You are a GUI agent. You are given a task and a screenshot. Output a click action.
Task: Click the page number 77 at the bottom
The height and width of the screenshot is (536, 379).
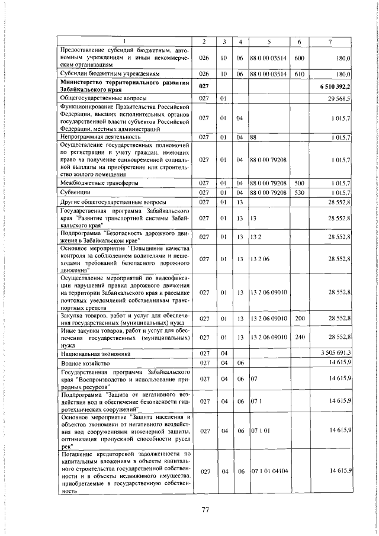click(x=205, y=510)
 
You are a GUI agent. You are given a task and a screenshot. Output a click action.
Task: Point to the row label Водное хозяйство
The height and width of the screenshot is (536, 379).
click(x=83, y=362)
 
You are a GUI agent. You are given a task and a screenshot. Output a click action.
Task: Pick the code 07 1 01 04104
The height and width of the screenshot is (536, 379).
click(x=269, y=471)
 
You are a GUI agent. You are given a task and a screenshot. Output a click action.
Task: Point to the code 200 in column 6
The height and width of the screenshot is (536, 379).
click(x=299, y=319)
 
